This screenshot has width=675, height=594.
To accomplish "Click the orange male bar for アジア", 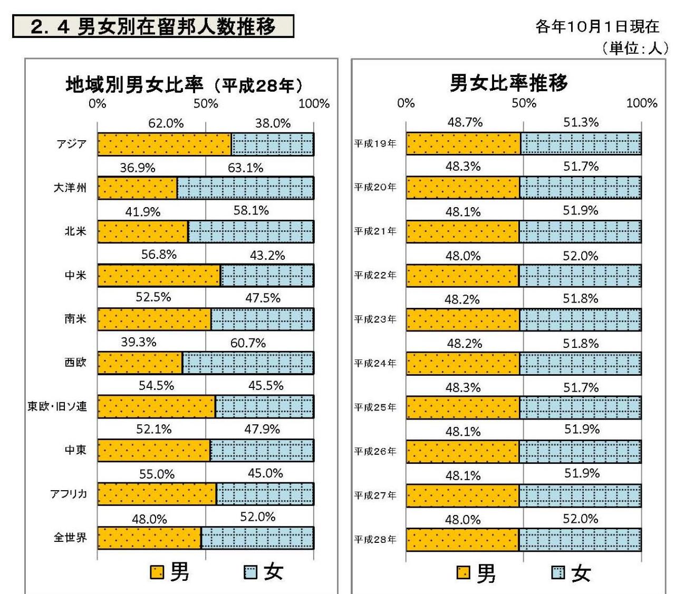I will click(x=164, y=144).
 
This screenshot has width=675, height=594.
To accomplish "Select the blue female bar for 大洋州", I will click(x=245, y=188).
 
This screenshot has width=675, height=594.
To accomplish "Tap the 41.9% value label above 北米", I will click(x=142, y=212).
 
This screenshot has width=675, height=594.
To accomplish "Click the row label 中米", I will click(x=75, y=275).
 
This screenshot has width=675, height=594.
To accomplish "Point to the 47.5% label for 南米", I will click(x=263, y=298).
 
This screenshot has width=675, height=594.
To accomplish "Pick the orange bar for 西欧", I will click(x=140, y=363).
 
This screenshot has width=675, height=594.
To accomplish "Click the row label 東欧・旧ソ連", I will click(x=57, y=406).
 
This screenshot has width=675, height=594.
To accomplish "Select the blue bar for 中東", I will click(x=262, y=451).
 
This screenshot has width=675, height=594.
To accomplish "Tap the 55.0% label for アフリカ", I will click(x=157, y=474).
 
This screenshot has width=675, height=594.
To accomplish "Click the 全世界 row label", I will click(x=70, y=538).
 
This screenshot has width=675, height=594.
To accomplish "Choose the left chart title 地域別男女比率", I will click(x=134, y=84).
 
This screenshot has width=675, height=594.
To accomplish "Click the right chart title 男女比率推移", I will click(x=508, y=83).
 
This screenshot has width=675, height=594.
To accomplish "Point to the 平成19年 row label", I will click(x=375, y=143).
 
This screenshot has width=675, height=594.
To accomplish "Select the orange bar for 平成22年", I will click(x=462, y=275).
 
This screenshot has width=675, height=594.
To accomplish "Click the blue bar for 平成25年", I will click(x=580, y=407).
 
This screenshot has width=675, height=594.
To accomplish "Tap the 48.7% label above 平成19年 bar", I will click(x=465, y=122).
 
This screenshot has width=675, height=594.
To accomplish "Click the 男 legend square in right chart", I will click(x=464, y=573).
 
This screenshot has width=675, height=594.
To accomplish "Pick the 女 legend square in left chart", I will click(x=250, y=572).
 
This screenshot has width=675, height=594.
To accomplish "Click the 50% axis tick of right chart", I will click(x=524, y=103).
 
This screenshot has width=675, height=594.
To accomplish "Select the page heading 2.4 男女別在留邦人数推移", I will click(x=153, y=26).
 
